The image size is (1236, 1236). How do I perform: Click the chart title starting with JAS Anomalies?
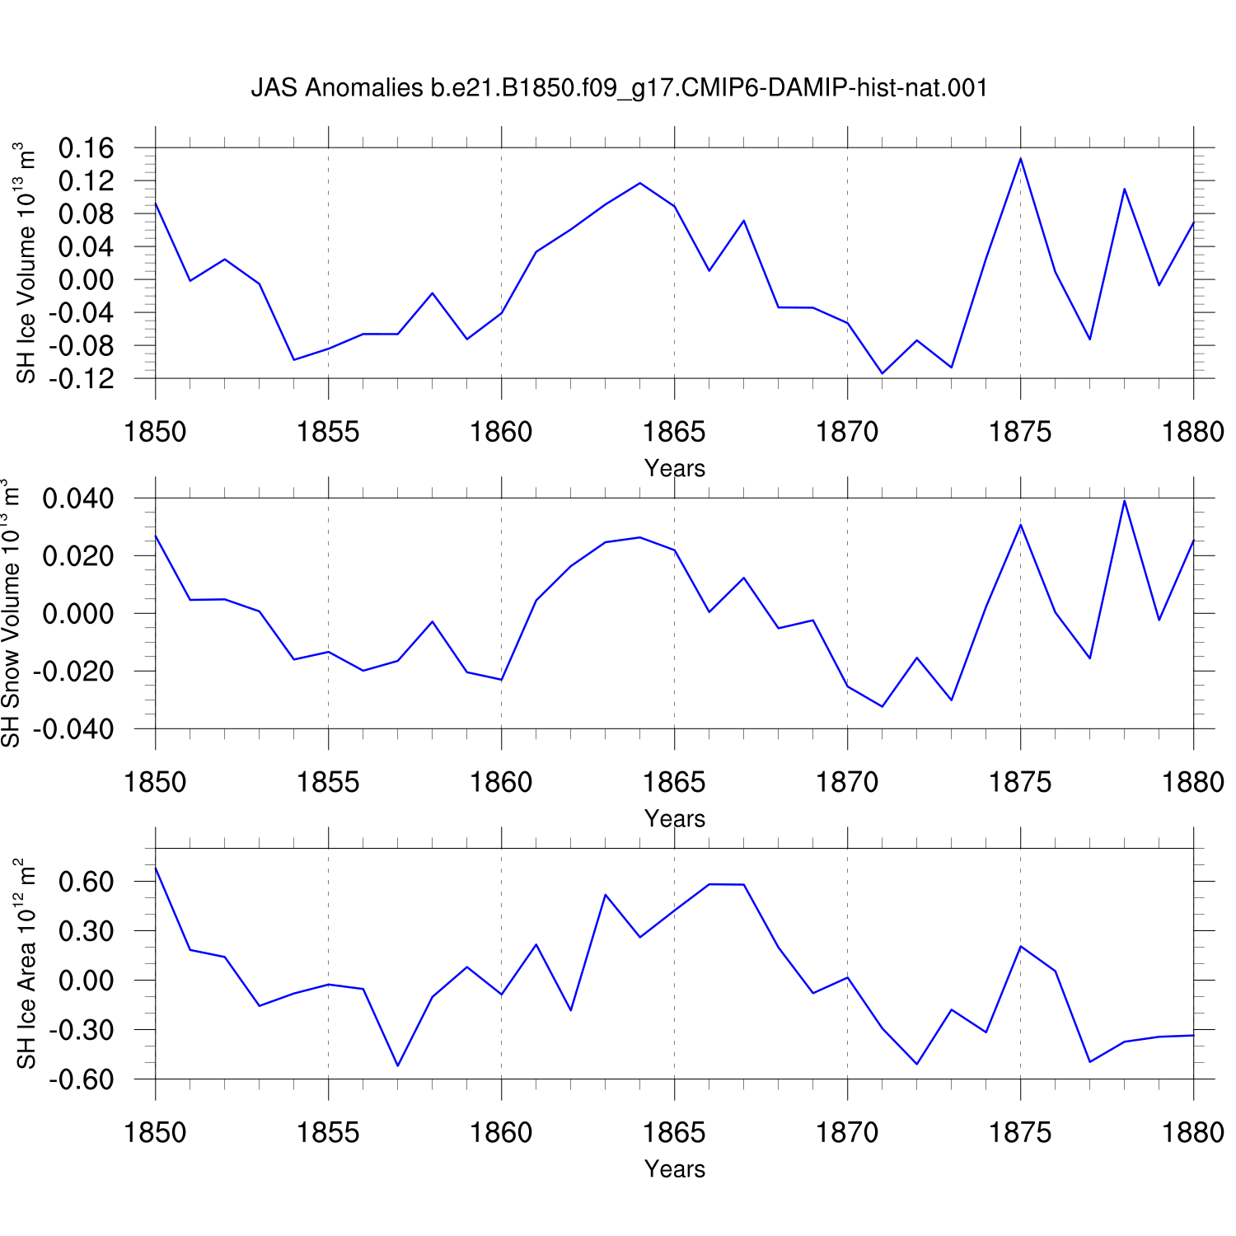(x=619, y=88)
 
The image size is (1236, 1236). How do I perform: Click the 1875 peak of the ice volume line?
(x=1021, y=158)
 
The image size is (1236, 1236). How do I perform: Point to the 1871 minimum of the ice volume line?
(x=883, y=373)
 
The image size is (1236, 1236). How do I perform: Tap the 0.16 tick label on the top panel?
(x=86, y=148)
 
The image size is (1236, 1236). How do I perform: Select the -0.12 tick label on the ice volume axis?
(x=81, y=379)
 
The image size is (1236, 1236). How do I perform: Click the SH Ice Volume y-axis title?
(x=26, y=263)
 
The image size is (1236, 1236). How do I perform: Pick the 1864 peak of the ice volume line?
(x=640, y=183)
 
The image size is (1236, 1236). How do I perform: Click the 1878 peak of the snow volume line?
(x=1124, y=501)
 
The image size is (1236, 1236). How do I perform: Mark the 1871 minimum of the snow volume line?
(x=883, y=706)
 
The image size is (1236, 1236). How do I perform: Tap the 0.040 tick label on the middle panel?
(x=78, y=499)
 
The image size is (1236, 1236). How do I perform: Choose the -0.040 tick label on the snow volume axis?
(x=73, y=729)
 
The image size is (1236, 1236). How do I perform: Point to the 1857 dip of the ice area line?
(x=398, y=1065)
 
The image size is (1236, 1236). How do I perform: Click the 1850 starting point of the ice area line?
(x=156, y=868)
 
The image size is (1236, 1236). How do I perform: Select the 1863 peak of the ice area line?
(x=606, y=895)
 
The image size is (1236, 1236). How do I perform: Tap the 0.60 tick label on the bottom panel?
(x=86, y=882)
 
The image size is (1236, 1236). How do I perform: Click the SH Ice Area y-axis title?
(x=26, y=963)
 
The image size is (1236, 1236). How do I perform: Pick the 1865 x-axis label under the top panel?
(x=674, y=432)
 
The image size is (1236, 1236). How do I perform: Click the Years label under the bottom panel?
(x=675, y=1168)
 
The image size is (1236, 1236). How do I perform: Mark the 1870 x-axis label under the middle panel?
(x=847, y=782)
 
